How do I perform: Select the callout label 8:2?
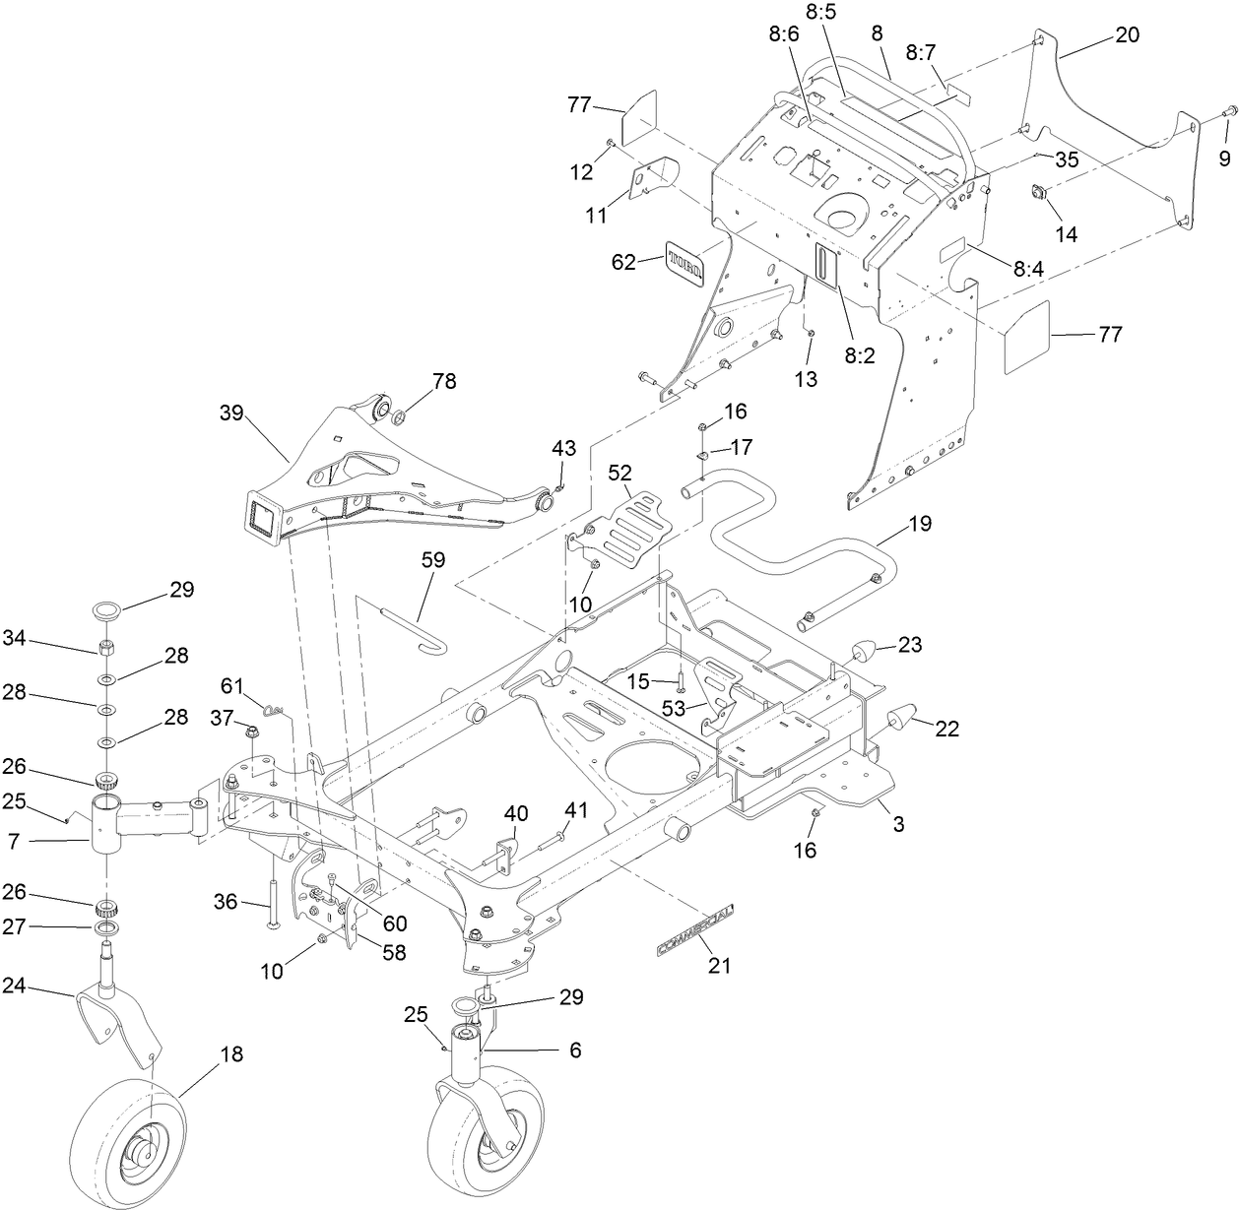click(859, 356)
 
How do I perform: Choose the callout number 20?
click(1127, 35)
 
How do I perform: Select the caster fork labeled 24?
click(116, 1016)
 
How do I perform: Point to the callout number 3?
click(898, 825)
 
